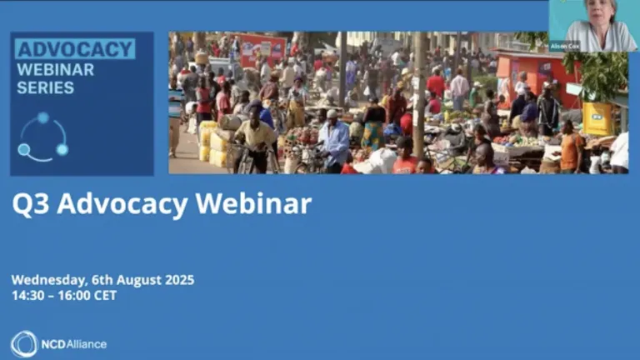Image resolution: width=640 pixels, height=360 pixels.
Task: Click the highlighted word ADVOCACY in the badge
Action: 75,49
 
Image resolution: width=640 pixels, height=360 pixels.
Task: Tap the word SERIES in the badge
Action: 46,87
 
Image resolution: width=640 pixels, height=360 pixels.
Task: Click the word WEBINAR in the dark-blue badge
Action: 56,69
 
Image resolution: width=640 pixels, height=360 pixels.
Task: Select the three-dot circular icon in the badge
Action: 43,137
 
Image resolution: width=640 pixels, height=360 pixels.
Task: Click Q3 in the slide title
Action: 28,204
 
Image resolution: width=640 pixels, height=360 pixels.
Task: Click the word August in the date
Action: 139,280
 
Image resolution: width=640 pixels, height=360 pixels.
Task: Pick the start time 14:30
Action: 27,295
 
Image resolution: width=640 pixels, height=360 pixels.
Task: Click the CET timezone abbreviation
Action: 105,295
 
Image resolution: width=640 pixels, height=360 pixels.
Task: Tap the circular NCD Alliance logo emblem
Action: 24,343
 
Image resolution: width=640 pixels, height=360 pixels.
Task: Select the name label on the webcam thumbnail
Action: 564,46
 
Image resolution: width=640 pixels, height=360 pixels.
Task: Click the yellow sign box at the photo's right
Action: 597,118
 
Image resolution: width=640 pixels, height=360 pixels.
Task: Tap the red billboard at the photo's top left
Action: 262,49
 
